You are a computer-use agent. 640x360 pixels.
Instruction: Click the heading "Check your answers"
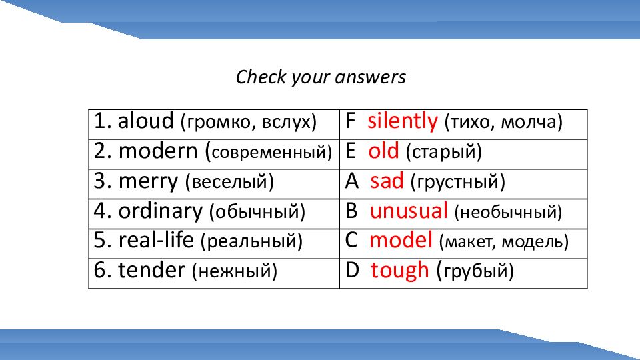(321, 77)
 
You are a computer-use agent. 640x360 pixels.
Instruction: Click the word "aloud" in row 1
(146, 121)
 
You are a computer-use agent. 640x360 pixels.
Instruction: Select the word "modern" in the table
(159, 151)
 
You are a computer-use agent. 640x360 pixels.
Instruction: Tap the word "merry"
(148, 181)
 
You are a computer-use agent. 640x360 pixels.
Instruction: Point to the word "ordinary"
(161, 211)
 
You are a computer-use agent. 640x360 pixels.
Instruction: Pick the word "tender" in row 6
(151, 270)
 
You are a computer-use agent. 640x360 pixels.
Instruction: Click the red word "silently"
(403, 121)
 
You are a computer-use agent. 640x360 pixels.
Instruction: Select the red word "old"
(383, 151)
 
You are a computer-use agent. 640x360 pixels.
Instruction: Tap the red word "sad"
(387, 181)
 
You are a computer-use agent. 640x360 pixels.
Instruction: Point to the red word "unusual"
(409, 211)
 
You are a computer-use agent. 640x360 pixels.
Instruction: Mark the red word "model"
(401, 240)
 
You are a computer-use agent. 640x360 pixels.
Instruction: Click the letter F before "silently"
(350, 121)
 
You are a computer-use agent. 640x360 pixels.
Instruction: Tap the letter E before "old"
(350, 151)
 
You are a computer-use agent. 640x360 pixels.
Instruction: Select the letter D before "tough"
(352, 270)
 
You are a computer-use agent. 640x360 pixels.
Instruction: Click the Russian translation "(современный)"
(269, 152)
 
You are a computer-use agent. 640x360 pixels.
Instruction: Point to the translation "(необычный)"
(508, 212)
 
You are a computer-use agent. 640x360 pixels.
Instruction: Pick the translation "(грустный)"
(457, 182)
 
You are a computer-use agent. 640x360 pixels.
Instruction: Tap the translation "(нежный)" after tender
(234, 271)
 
